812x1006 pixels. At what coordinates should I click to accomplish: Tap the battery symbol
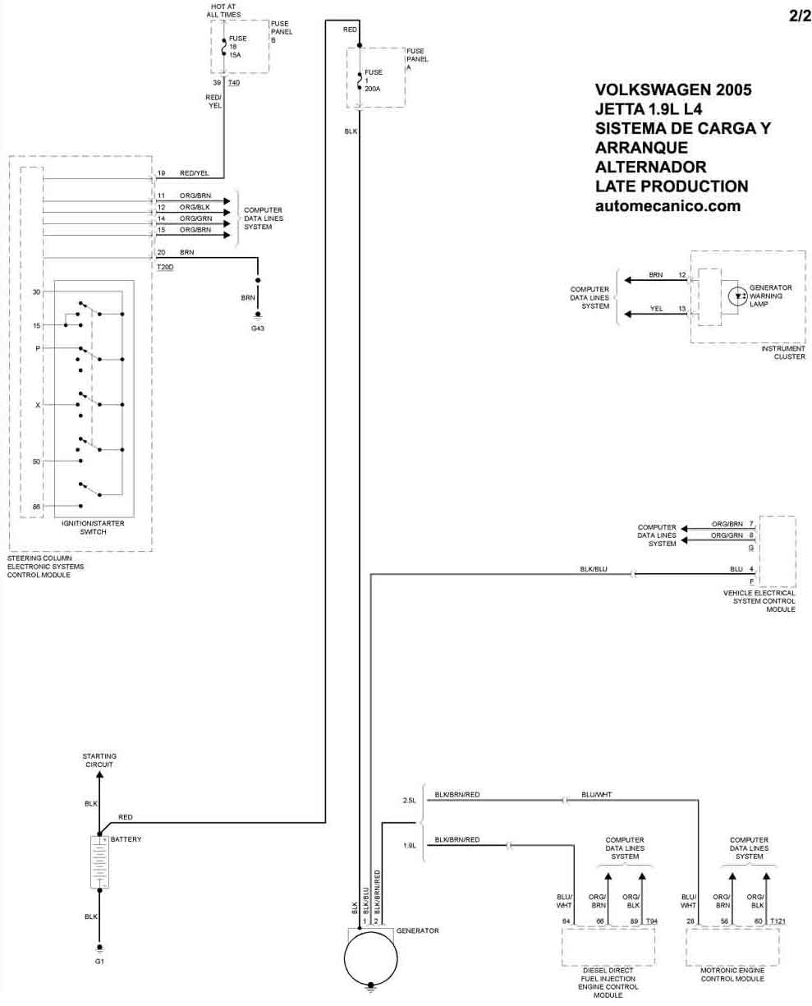point(99,861)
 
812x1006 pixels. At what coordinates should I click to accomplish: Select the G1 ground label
point(99,961)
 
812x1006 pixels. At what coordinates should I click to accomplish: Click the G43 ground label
point(257,328)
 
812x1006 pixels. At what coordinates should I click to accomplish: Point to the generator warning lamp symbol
point(737,296)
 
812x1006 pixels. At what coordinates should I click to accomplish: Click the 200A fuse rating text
point(372,89)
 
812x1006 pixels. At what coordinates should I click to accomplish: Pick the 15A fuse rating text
point(235,55)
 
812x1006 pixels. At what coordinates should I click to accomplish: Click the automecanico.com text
point(667,206)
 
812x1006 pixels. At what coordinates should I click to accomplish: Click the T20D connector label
point(165,267)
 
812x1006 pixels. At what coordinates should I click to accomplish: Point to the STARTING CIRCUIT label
point(99,760)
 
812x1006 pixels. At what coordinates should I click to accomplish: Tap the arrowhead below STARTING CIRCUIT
point(99,775)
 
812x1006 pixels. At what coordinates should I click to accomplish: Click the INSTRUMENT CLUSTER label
point(783,352)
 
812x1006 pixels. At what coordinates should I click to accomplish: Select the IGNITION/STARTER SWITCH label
point(93,527)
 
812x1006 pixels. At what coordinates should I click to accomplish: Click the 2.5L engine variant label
point(409,800)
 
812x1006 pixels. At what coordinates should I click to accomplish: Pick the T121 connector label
point(778,921)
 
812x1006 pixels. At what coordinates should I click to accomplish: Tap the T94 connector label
point(652,921)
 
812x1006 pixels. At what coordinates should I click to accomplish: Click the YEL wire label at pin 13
point(656,309)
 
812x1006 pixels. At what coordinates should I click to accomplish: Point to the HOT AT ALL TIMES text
point(223,11)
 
